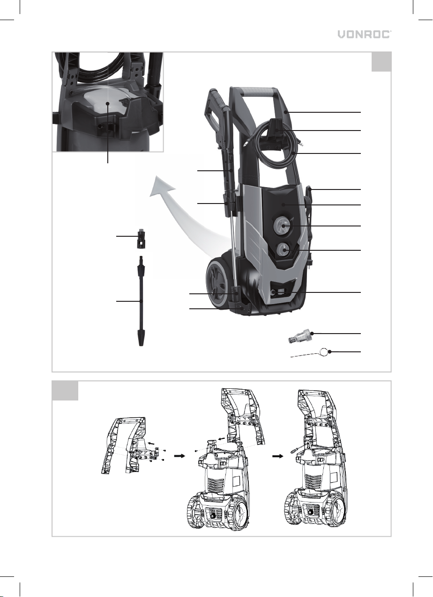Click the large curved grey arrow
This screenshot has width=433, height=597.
point(184,213)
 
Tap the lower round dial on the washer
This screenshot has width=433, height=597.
point(283,250)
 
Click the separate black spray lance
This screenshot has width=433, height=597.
point(141,301)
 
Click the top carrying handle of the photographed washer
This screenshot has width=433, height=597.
point(257,93)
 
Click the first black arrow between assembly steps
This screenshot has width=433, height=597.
point(179,456)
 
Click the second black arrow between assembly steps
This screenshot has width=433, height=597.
point(277,456)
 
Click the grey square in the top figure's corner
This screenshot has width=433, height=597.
point(381,62)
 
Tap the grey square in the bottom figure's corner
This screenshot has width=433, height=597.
point(65,391)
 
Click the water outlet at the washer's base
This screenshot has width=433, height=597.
point(274,292)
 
